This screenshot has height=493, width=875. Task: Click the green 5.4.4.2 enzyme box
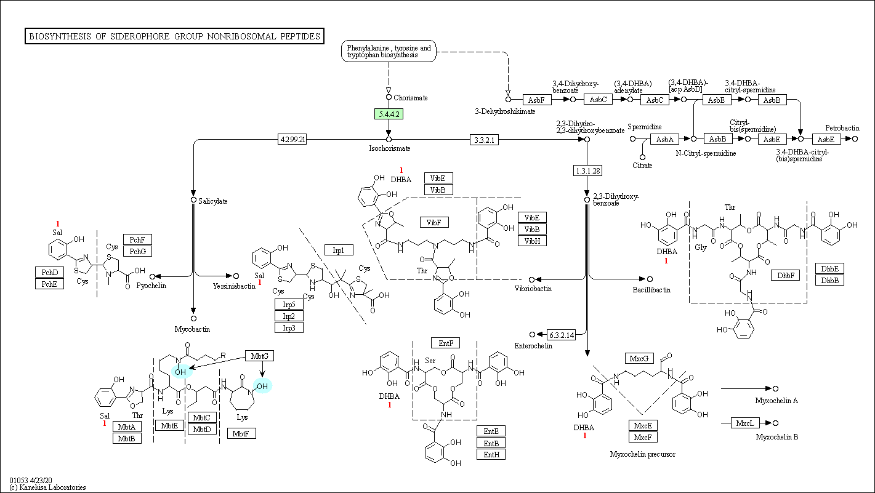pyautogui.click(x=389, y=114)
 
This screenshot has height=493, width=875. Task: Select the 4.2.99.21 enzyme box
pyautogui.click(x=292, y=139)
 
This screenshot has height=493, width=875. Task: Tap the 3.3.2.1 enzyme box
pyautogui.click(x=485, y=140)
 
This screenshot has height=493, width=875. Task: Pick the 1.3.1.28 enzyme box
pyautogui.click(x=587, y=170)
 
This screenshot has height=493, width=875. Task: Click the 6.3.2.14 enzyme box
pyautogui.click(x=562, y=335)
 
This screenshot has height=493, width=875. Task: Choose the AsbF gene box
pyautogui.click(x=537, y=100)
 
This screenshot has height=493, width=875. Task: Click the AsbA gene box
pyautogui.click(x=665, y=139)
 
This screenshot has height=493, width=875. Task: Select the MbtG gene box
pyautogui.click(x=260, y=356)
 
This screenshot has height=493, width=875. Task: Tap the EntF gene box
pyautogui.click(x=446, y=343)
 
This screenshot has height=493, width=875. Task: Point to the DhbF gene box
pyautogui.click(x=786, y=275)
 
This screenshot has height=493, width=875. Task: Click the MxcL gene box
pyautogui.click(x=745, y=423)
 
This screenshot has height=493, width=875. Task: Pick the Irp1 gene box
pyautogui.click(x=339, y=251)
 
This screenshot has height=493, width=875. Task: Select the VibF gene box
pyautogui.click(x=434, y=222)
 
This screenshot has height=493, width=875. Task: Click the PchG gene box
pyautogui.click(x=137, y=251)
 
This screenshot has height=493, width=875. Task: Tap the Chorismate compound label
pyautogui.click(x=411, y=98)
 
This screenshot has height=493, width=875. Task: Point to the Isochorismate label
pyautogui.click(x=389, y=148)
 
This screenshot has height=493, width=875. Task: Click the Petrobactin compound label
pyautogui.click(x=842, y=128)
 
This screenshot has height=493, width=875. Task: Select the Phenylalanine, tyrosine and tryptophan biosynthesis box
pyautogui.click(x=389, y=51)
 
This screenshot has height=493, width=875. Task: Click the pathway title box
pyautogui.click(x=175, y=36)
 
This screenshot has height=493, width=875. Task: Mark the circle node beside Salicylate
pyautogui.click(x=193, y=200)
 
